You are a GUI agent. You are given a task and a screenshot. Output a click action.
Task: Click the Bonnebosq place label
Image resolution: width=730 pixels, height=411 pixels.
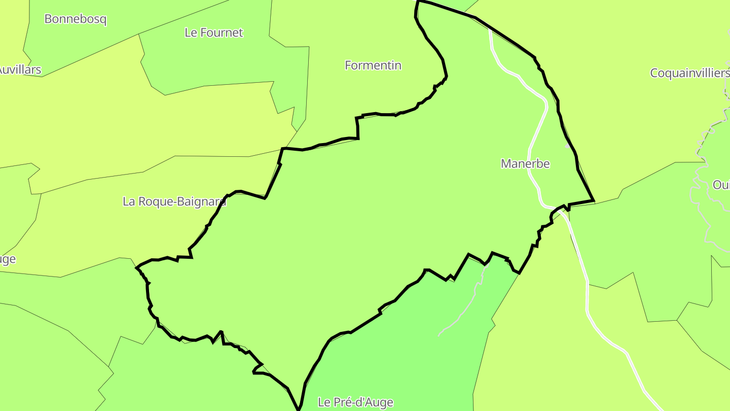tap(76, 19)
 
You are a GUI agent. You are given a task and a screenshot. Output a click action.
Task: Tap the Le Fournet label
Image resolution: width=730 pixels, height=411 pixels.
tap(213, 32)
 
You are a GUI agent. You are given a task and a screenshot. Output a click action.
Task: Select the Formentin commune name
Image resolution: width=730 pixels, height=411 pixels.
tap(373, 65)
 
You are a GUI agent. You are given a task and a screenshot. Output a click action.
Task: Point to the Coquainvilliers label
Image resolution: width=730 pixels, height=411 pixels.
tap(689, 73)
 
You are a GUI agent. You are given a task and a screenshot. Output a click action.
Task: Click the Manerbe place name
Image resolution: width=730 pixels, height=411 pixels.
tap(525, 164)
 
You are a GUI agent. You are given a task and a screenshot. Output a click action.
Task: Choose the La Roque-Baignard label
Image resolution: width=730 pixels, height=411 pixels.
tap(174, 201)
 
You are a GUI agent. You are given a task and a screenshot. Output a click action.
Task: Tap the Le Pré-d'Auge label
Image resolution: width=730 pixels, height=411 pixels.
tap(355, 402)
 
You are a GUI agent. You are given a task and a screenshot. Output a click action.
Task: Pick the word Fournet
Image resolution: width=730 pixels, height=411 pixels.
tap(222, 32)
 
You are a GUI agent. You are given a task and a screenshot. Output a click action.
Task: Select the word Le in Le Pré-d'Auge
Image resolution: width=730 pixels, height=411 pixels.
tap(324, 402)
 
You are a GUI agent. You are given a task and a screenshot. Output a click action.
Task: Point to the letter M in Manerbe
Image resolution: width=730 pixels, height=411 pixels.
tap(506, 164)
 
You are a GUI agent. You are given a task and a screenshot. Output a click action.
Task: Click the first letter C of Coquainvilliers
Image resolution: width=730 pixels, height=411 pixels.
tap(654, 73)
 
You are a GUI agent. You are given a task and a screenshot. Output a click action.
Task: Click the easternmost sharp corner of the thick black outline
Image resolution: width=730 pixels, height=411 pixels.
tap(593, 200)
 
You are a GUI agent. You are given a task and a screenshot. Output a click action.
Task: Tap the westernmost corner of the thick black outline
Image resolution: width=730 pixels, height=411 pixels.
tap(137, 267)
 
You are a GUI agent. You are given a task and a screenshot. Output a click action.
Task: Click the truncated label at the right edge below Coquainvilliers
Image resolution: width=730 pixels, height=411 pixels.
tap(721, 185)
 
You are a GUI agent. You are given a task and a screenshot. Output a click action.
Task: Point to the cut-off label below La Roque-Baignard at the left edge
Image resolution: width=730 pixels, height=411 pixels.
tap(8, 259)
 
